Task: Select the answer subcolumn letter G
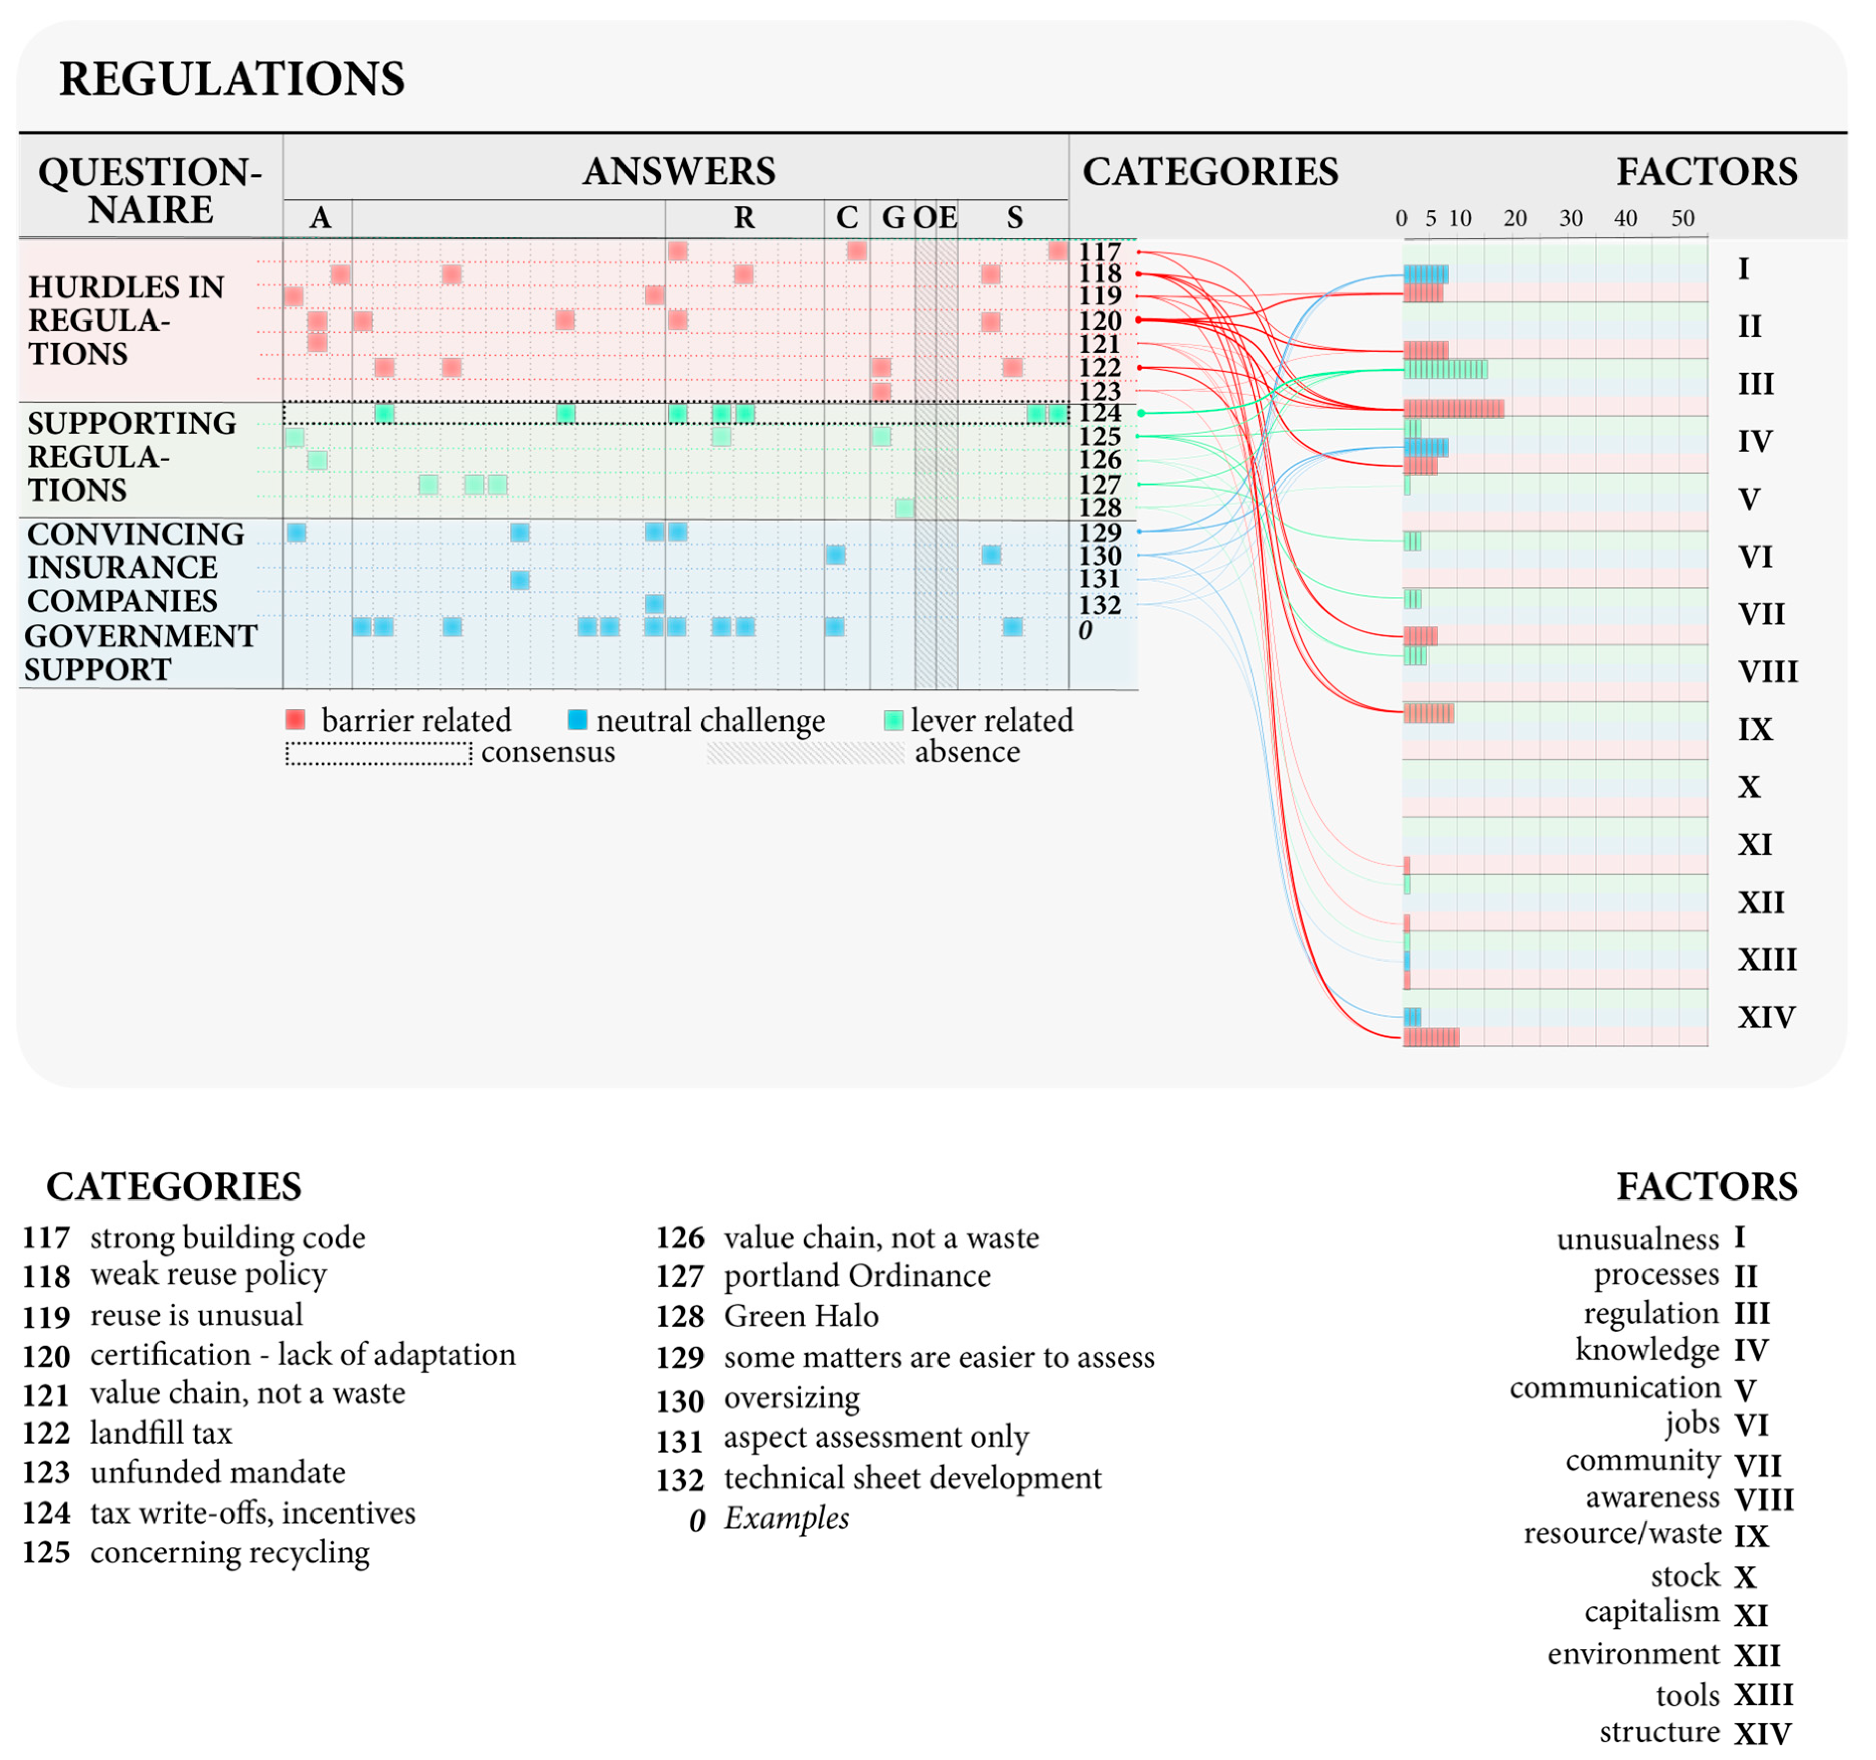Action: [x=893, y=218]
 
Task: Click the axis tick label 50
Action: [x=1683, y=219]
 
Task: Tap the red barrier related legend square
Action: [x=295, y=720]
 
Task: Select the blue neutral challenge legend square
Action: [x=577, y=720]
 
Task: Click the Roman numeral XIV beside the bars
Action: [x=1766, y=1017]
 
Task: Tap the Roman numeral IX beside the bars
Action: [x=1755, y=730]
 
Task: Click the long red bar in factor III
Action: [x=1453, y=409]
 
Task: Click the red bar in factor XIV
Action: [x=1431, y=1037]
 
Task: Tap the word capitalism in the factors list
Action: [x=1652, y=1612]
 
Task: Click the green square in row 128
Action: [x=904, y=508]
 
